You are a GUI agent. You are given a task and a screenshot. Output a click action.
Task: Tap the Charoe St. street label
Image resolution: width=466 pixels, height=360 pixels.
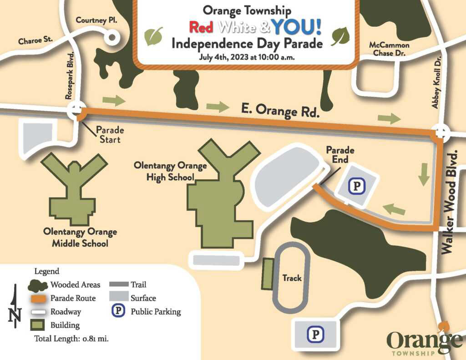[x=35, y=41]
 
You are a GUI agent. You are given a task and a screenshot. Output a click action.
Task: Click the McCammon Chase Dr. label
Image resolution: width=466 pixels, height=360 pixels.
[x=389, y=50]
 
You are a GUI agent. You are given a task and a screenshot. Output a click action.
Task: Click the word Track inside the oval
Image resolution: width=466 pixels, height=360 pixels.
[x=292, y=278]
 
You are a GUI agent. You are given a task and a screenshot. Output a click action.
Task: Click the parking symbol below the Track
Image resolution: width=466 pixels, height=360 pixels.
[x=315, y=335]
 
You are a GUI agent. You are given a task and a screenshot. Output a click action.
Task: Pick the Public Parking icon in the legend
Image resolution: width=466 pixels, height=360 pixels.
[x=118, y=312]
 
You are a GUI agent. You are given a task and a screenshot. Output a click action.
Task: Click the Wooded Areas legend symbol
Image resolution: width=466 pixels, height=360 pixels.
[x=38, y=285]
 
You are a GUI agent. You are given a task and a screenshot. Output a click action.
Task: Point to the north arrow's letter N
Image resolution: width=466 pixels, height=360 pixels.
[x=15, y=314]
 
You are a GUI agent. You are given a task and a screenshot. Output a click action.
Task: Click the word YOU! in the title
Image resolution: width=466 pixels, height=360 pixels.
[x=297, y=27]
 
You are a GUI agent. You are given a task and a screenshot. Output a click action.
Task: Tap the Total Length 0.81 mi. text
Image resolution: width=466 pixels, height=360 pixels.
[x=71, y=339]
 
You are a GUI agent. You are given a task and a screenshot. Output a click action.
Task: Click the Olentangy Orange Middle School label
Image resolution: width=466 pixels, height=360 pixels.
[x=80, y=238]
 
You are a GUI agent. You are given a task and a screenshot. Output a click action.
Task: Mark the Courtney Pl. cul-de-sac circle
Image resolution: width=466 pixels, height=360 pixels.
[x=111, y=38]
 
